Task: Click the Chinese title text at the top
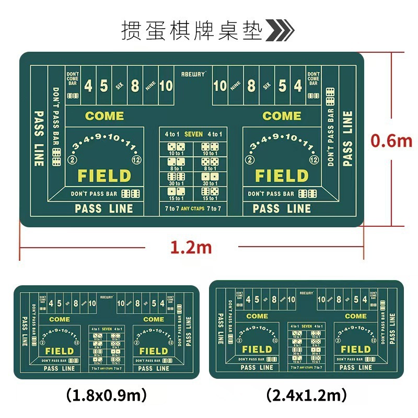pos(192,31)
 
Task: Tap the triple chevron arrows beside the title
pos(280,31)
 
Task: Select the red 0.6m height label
pos(391,141)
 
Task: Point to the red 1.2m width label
pos(191,247)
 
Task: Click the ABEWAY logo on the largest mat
pos(193,74)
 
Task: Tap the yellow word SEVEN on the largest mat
pos(193,134)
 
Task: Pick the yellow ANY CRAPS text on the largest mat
pos(193,209)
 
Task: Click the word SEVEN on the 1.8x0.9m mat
pos(107,329)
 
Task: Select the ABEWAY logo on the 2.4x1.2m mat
pos(307,293)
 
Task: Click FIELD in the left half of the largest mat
pos(104,176)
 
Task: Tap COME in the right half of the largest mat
pos(282,116)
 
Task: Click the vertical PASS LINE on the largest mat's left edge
pos(39,138)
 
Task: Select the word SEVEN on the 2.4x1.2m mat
pos(307,326)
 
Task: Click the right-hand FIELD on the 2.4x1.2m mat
pos(356,349)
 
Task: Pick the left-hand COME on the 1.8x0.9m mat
pos(60,319)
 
